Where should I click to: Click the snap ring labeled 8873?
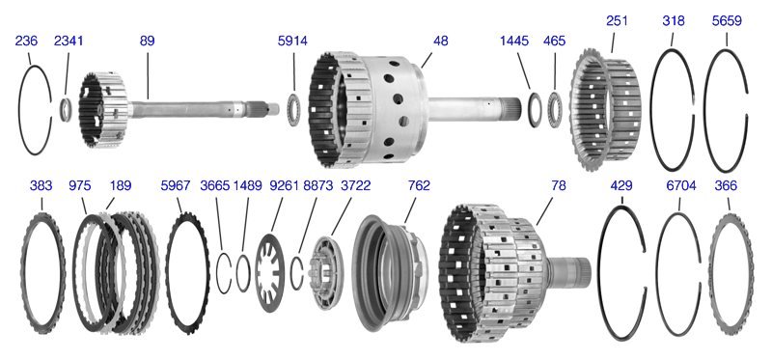(300, 273)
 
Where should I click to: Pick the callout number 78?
(557, 185)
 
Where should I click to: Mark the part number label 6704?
(679, 185)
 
